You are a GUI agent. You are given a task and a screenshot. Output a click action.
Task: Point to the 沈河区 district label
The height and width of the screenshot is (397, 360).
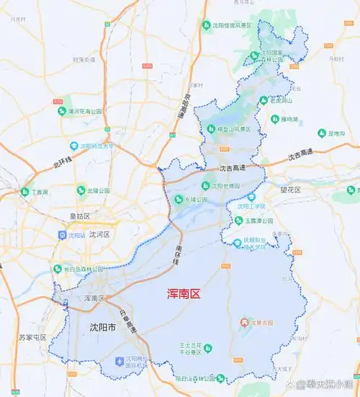click(99, 235)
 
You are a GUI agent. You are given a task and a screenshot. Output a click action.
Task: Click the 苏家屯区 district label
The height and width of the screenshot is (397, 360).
click(32, 337)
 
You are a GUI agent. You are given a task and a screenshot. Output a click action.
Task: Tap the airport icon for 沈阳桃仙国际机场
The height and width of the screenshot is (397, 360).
click(119, 360)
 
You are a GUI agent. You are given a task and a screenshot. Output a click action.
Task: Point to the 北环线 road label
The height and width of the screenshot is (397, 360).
click(63, 163)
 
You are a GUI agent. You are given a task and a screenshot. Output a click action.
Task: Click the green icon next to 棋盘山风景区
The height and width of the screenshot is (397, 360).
click(202, 130)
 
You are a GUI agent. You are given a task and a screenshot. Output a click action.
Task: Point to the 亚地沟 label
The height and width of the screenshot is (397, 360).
click(336, 133)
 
